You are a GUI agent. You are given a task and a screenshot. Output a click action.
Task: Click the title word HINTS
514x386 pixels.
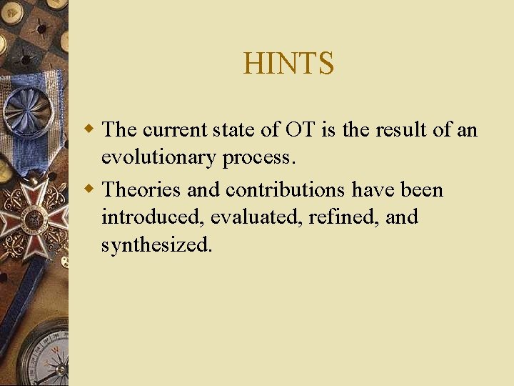point(288,64)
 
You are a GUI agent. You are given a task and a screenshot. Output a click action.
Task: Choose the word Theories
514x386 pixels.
point(141,190)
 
